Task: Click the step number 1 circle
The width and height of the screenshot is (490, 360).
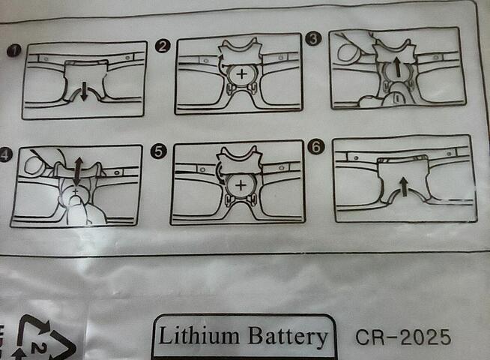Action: pos(13,51)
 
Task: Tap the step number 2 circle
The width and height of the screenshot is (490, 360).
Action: pos(163,46)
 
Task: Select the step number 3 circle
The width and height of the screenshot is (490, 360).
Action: pos(313,39)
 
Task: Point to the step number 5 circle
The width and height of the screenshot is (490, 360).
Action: pos(158,151)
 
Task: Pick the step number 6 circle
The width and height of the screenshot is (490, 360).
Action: pos(316,146)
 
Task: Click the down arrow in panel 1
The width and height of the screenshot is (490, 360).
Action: pos(84,91)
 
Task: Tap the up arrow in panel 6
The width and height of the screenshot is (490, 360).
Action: pos(404,187)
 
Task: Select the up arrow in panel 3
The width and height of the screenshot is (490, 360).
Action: pos(397,67)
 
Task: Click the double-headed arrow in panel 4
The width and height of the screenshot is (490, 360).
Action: pos(78,172)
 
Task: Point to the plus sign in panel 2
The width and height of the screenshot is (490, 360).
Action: pos(241,74)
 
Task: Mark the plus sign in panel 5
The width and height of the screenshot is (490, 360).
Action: pos(241,185)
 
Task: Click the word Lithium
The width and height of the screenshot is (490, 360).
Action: pos(199,335)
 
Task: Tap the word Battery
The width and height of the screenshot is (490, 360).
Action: pos(288,337)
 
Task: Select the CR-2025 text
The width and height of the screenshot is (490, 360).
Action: pos(403,337)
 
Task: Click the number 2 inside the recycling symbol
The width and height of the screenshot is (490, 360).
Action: pos(40,348)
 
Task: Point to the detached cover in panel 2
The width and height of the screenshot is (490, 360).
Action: pos(240,51)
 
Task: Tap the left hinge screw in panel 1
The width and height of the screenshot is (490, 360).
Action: pos(46,58)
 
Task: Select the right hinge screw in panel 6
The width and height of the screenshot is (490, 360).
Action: pos(449,153)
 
